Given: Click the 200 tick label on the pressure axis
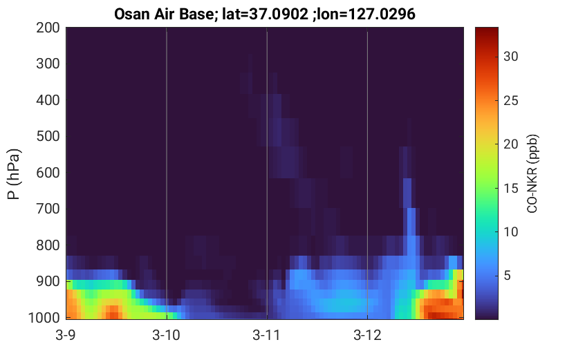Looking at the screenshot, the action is coord(48,28).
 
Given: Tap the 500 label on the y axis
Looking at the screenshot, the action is coord(48,137).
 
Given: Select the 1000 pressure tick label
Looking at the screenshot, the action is coord(44,318).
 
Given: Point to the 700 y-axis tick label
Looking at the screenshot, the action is coord(48,209).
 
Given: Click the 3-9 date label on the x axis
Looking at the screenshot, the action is coord(66,335).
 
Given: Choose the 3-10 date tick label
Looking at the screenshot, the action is coord(167,335).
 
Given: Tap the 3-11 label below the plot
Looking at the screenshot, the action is coord(267,335).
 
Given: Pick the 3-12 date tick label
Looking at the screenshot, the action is coord(367,335).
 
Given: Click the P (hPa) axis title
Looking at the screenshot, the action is coord(14,174).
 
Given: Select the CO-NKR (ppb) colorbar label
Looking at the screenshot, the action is coord(532,173).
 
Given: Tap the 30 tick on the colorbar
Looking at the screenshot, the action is coord(510,57).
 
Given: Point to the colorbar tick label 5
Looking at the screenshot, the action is coord(508,276).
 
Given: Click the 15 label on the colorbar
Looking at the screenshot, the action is coord(510,188).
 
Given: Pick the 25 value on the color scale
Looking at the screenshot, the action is coord(510,101).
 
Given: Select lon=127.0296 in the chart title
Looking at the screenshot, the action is coord(366,15).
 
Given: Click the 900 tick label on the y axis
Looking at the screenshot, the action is coord(48,281).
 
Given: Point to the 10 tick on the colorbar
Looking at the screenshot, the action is coord(510,232).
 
